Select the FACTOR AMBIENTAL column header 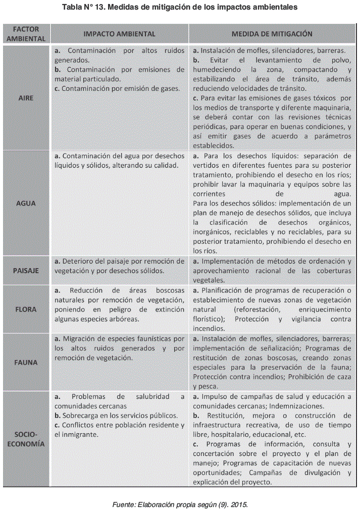(x=26, y=34)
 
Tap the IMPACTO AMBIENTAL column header (x=119, y=34)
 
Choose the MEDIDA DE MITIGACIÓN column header (x=272, y=34)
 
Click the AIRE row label (x=26, y=97)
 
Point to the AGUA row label (x=26, y=203)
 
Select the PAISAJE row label (x=26, y=271)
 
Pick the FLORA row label (x=26, y=309)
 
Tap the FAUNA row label (x=26, y=362)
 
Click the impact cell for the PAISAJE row (x=119, y=266)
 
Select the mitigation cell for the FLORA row (x=272, y=309)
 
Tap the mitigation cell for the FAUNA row (x=272, y=362)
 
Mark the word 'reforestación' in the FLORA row (x=258, y=309)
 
